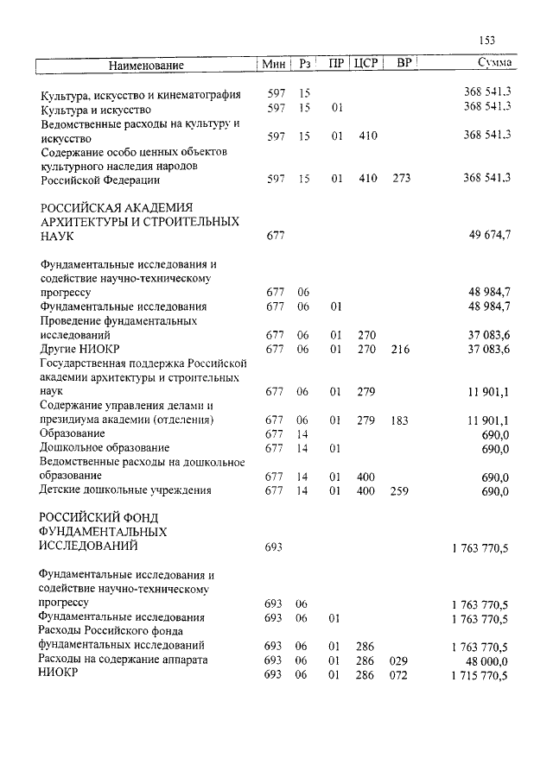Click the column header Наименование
147,65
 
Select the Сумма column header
494,64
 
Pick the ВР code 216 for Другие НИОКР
401,349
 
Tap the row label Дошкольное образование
105,448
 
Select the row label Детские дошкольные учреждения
125,491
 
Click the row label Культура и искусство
96,109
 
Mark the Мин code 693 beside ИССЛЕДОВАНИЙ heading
274,547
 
